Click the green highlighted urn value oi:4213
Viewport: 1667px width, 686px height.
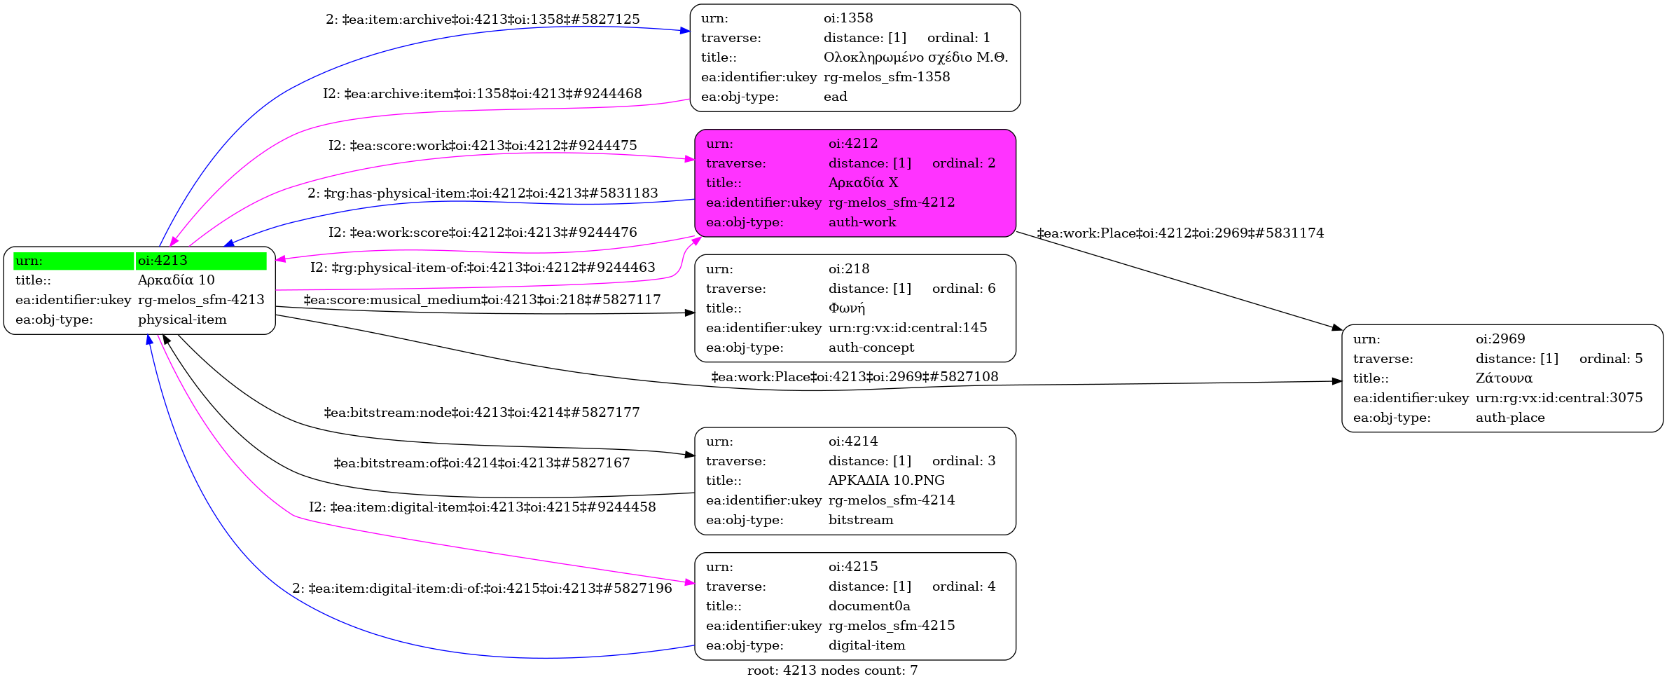click(162, 261)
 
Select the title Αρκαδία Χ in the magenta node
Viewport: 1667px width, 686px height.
click(863, 183)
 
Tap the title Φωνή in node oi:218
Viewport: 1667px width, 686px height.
click(846, 308)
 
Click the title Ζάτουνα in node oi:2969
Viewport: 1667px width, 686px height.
click(1504, 378)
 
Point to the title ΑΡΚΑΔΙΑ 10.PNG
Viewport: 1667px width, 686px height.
click(886, 481)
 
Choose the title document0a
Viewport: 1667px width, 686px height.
click(869, 606)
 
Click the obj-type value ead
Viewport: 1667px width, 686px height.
click(835, 97)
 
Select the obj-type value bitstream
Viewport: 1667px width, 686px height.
click(861, 520)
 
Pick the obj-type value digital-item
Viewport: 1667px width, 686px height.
click(866, 645)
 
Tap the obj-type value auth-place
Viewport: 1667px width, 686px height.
click(1510, 418)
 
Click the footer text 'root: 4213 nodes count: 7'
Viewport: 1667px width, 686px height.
click(832, 671)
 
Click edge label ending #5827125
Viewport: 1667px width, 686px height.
click(483, 20)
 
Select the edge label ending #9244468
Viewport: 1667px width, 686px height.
click(483, 94)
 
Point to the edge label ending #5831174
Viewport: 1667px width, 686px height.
click(1180, 233)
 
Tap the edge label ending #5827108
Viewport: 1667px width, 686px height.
click(855, 377)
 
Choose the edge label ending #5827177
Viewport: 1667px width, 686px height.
click(482, 413)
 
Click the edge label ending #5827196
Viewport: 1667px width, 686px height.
click(482, 589)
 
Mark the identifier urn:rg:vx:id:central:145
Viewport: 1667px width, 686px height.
click(908, 328)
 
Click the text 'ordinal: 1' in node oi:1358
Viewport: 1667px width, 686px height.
click(959, 38)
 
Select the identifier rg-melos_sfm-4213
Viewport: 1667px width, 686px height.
click(201, 300)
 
